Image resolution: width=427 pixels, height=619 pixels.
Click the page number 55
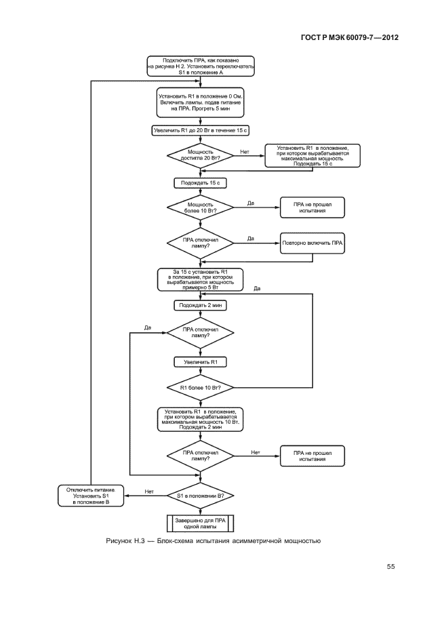[390, 567]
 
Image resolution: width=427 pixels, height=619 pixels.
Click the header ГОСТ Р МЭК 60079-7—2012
[348, 37]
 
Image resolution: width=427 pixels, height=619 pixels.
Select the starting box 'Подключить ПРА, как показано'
[201, 67]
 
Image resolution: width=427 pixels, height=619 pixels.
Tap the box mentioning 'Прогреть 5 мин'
[201, 102]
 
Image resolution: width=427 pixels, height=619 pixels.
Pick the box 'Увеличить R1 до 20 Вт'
[200, 129]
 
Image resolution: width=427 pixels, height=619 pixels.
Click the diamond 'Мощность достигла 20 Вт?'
[200, 155]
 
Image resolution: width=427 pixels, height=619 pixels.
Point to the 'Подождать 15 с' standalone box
[200, 183]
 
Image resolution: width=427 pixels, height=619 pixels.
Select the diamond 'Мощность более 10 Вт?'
[200, 207]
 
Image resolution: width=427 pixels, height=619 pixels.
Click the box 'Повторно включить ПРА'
[314, 243]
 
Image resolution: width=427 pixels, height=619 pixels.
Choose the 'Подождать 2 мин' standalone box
[200, 306]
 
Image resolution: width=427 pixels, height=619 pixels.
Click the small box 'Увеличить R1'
[200, 363]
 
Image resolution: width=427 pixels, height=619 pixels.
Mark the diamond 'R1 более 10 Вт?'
[200, 388]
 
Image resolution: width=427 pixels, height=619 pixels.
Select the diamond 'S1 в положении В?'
[200, 496]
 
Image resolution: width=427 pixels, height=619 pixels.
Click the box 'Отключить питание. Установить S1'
[90, 496]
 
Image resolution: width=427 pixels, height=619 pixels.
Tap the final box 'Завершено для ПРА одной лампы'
[200, 523]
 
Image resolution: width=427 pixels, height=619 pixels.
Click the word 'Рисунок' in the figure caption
[120, 541]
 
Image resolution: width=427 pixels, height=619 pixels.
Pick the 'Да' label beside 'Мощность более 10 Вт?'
[250, 203]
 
